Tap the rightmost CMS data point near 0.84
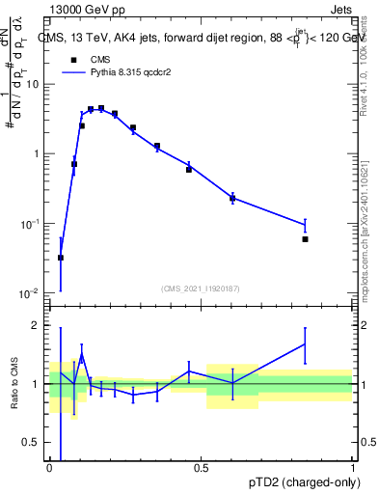(305, 239)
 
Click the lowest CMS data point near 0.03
(61, 258)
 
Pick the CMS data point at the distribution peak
(101, 108)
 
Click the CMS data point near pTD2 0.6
(232, 198)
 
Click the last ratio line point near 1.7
(305, 343)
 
